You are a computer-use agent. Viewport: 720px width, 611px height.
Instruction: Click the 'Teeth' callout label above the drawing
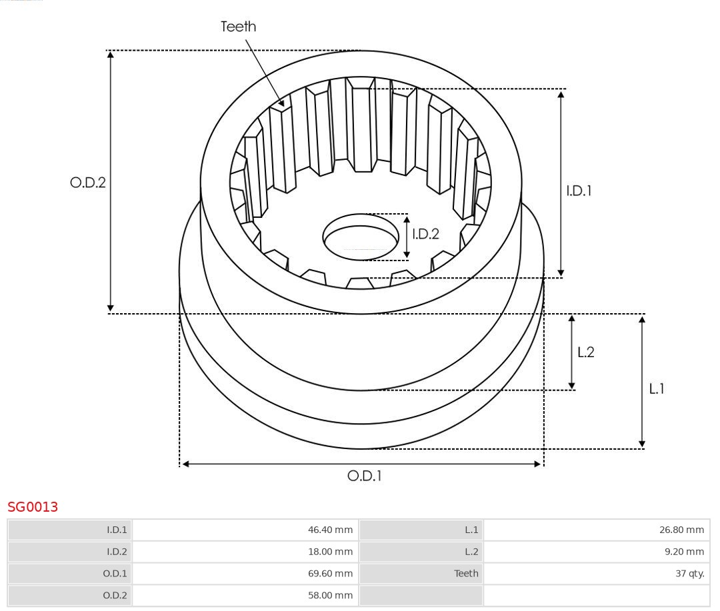[x=238, y=27]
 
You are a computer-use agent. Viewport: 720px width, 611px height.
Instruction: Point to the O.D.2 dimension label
[x=88, y=183]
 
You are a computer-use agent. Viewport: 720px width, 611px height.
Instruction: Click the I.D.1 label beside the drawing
[x=579, y=191]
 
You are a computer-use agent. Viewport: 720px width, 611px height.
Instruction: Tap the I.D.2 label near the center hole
[x=425, y=234]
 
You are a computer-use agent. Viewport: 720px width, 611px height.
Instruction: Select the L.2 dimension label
[x=585, y=352]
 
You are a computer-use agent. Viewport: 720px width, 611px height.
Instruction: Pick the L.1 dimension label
[x=657, y=389]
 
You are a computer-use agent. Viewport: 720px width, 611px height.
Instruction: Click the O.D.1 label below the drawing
[x=365, y=476]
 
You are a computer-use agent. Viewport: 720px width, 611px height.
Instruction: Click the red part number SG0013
[x=33, y=507]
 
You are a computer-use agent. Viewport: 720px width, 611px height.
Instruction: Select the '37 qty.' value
[x=690, y=573]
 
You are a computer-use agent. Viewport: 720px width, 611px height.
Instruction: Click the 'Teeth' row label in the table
[x=467, y=573]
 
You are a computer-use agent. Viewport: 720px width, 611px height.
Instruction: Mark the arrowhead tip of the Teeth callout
[x=283, y=107]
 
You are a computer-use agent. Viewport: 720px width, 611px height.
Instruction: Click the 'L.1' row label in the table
[x=471, y=530]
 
